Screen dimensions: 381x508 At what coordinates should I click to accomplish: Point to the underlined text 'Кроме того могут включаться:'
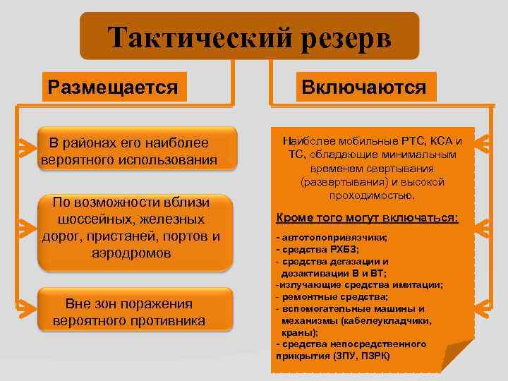[x=367, y=218]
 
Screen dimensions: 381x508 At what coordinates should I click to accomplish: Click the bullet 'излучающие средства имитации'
[x=361, y=284]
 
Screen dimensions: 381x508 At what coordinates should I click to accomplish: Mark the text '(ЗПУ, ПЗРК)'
[x=360, y=356]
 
